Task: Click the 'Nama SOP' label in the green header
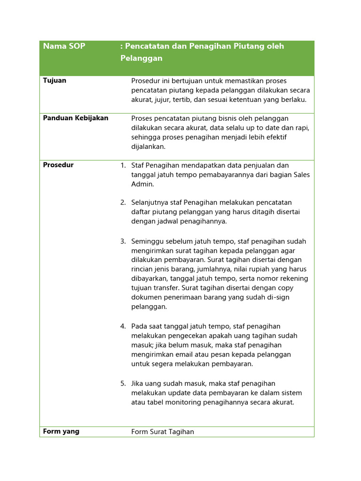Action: [64, 46]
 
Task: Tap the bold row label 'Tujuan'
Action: [55, 80]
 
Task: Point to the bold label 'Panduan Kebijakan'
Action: [76, 118]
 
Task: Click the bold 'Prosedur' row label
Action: [58, 165]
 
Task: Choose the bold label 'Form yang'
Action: [61, 431]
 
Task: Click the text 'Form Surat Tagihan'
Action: [163, 432]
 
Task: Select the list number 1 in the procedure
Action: [123, 165]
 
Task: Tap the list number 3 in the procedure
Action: [123, 241]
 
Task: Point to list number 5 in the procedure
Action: [123, 384]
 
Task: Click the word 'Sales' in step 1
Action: [301, 175]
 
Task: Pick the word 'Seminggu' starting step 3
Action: [147, 241]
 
